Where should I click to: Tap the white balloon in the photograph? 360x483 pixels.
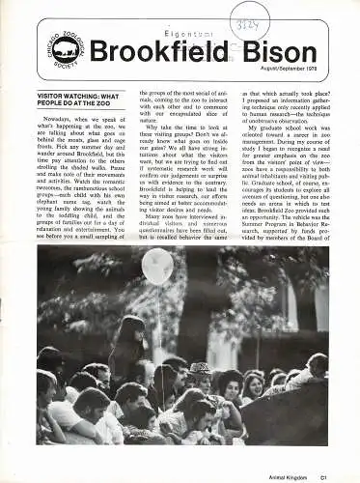pyautogui.click(x=156, y=268)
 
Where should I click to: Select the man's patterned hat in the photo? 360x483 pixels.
pyautogui.click(x=199, y=367)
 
